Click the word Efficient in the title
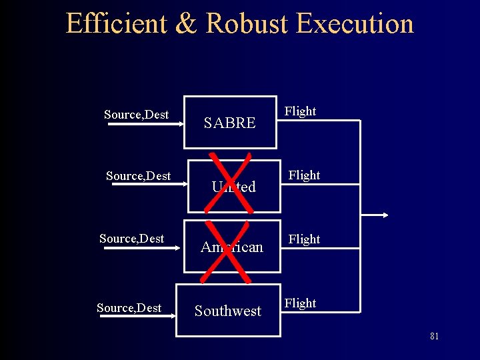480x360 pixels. pyautogui.click(x=117, y=23)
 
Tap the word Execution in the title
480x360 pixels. pyautogui.click(x=355, y=23)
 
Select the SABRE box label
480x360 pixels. pyautogui.click(x=229, y=123)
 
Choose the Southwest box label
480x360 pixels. pyautogui.click(x=228, y=311)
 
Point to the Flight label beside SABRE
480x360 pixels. pyautogui.click(x=300, y=111)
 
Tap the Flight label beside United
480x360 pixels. pyautogui.click(x=304, y=175)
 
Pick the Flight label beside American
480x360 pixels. pyautogui.click(x=304, y=239)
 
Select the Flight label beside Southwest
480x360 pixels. pyautogui.click(x=300, y=303)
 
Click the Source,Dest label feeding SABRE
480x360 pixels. pyautogui.click(x=136, y=115)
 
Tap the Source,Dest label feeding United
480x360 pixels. pyautogui.click(x=138, y=176)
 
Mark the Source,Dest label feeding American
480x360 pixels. pyautogui.click(x=131, y=239)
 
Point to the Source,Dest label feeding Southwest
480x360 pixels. pyautogui.click(x=129, y=308)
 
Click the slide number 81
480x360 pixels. pyautogui.click(x=434, y=337)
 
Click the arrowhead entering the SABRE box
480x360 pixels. pyautogui.click(x=180, y=123)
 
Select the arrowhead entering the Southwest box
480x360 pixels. pyautogui.click(x=172, y=317)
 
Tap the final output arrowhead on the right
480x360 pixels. pyautogui.click(x=385, y=215)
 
